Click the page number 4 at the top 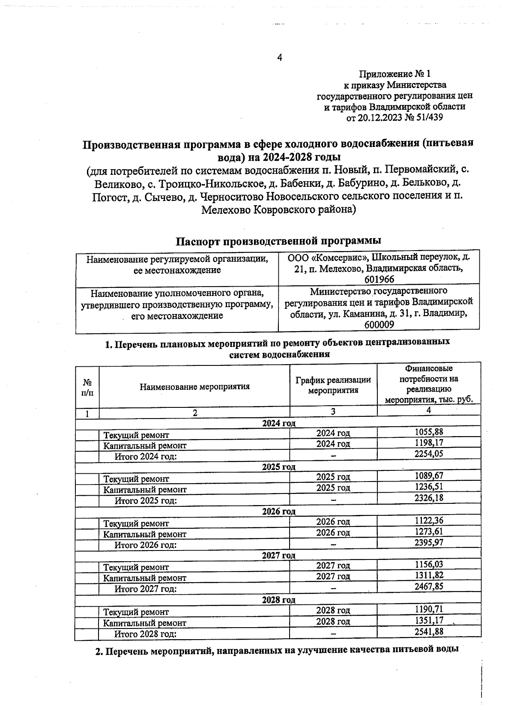pyautogui.click(x=280, y=57)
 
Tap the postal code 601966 pyautogui.click(x=380, y=279)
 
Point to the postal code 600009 pyautogui.click(x=379, y=325)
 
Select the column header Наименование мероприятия pyautogui.click(x=194, y=386)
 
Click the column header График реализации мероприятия pyautogui.click(x=333, y=385)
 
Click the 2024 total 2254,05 pyautogui.click(x=429, y=454)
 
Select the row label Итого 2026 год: pyautogui.click(x=146, y=545)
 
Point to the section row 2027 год pyautogui.click(x=279, y=556)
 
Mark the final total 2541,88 pyautogui.click(x=429, y=631)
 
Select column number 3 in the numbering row pyautogui.click(x=333, y=411)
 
